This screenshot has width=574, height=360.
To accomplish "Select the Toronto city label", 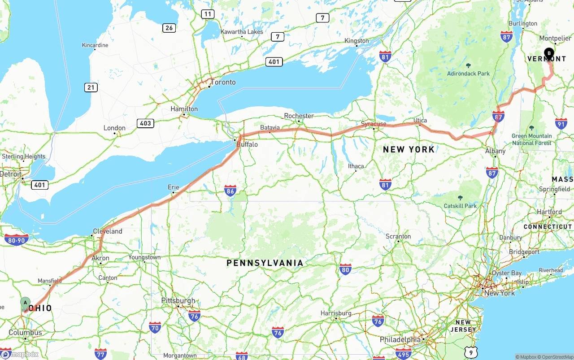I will pos(222,82).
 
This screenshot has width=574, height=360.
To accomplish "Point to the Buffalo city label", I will pos(247,144).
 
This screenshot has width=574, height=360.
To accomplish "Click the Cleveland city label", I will pos(108,231).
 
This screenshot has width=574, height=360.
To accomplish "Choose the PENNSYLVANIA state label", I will pos(265,263).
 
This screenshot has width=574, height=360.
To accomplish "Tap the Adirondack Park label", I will pos(468,74).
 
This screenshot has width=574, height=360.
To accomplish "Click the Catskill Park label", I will pos(460,206).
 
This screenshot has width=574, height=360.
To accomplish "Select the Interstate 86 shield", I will pos(230,191).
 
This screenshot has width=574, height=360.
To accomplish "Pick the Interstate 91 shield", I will pos(561,124).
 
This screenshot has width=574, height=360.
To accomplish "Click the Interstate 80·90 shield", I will pos(17,240).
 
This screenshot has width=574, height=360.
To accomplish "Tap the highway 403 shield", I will pos(146,123).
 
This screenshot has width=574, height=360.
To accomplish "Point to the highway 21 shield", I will pos(91,87).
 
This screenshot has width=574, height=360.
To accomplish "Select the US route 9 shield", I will pos(470,352).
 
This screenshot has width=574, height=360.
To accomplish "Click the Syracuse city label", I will pos(374,124).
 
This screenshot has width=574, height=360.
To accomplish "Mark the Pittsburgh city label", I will pos(178,300).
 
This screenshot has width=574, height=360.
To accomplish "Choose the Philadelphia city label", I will pos(400,339).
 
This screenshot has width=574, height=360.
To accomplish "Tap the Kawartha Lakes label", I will pos(242,32).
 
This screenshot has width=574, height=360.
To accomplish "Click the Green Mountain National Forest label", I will pos(532,139).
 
